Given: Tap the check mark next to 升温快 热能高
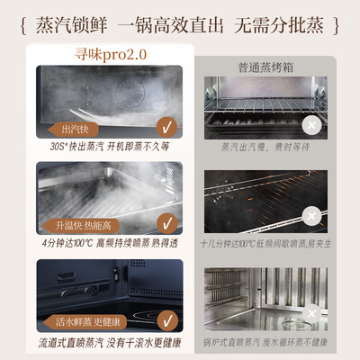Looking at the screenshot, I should pyautogui.click(x=165, y=220).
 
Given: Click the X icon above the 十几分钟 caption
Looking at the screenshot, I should pyautogui.click(x=310, y=216).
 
